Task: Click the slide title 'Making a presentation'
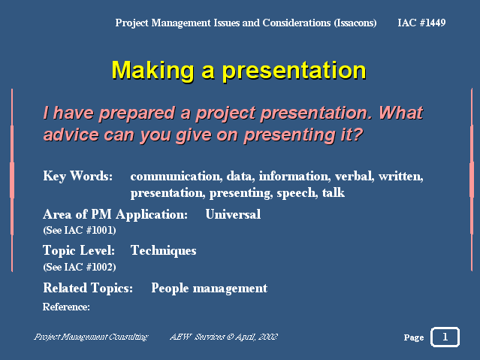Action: [x=239, y=71]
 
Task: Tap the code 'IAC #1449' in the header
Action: [x=421, y=23]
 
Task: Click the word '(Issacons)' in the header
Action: [x=355, y=23]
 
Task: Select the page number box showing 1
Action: [x=445, y=337]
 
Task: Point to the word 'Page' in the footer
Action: [x=414, y=337]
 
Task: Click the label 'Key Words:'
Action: [x=78, y=176]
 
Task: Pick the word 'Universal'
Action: [x=233, y=214]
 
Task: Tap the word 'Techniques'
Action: [x=164, y=250]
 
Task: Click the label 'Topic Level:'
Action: [x=79, y=250]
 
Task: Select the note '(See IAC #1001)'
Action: [x=80, y=230]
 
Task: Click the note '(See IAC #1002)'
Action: [x=80, y=267]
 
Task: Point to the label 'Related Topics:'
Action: [x=88, y=288]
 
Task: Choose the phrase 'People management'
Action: [x=210, y=289]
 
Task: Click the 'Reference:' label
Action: [x=66, y=307]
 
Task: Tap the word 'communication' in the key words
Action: [x=177, y=176]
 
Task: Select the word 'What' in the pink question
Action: [x=401, y=113]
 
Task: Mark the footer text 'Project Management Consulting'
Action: [x=91, y=337]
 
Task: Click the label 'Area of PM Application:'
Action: [x=115, y=214]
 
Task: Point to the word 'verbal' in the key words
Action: [x=355, y=176]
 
